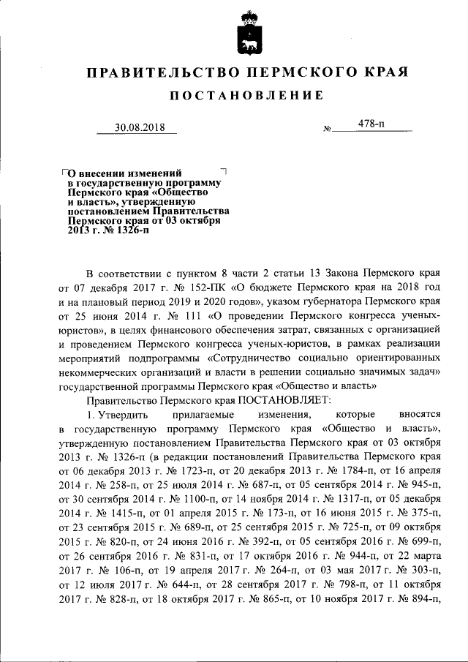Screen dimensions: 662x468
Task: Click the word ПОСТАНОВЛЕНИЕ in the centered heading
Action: [247, 97]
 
